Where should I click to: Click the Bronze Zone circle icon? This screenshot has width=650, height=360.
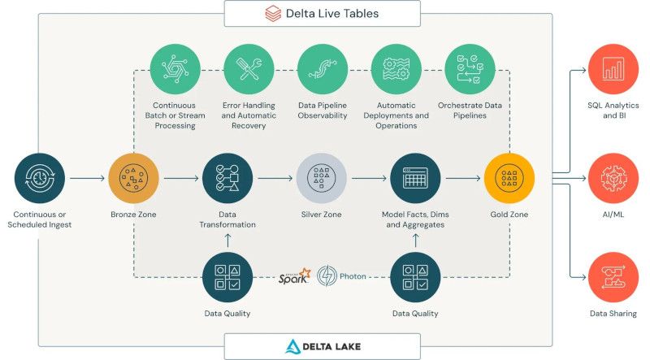pyautogui.click(x=134, y=178)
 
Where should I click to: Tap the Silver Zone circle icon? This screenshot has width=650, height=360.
pyautogui.click(x=321, y=178)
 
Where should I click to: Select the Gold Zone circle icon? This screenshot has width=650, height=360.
pyautogui.click(x=509, y=178)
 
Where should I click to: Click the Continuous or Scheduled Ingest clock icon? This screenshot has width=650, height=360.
pyautogui.click(x=40, y=178)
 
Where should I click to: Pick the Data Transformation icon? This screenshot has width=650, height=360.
pyautogui.click(x=227, y=178)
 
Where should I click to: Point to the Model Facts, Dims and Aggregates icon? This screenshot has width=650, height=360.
pyautogui.click(x=415, y=178)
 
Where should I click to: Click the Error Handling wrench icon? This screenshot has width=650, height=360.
pyautogui.click(x=247, y=70)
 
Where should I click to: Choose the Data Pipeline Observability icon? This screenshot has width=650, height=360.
pyautogui.click(x=322, y=70)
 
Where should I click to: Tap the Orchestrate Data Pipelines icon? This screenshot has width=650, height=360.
pyautogui.click(x=470, y=70)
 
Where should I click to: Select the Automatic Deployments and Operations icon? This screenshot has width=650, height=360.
pyautogui.click(x=396, y=70)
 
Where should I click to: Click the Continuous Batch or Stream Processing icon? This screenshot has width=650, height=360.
pyautogui.click(x=175, y=70)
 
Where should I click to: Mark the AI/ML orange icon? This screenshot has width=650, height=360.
pyautogui.click(x=613, y=179)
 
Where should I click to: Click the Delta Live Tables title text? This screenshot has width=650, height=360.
pyautogui.click(x=334, y=13)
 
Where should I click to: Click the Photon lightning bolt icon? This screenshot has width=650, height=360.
pyautogui.click(x=328, y=276)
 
